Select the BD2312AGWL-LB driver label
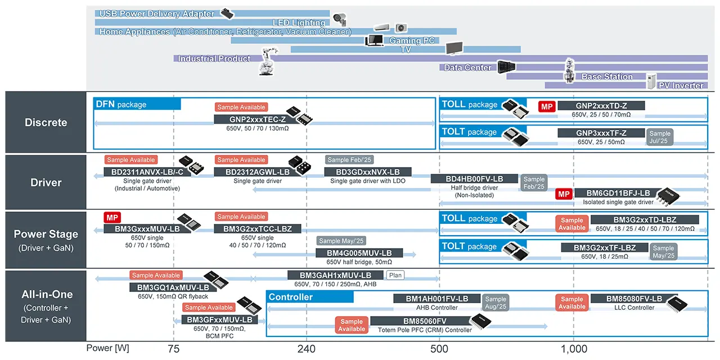coord(257,172)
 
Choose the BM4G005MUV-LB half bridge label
coord(361,253)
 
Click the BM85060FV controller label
coord(413,321)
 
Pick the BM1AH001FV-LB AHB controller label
coord(436,299)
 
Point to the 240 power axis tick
coord(307,349)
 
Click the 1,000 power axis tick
coord(573,349)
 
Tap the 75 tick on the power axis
coord(174,349)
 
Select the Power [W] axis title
coord(107,348)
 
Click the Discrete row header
coord(46,123)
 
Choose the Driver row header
coord(46,182)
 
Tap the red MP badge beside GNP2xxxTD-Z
coord(547,106)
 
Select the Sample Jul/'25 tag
coord(660,137)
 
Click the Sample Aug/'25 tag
coord(496,303)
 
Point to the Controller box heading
coord(290,297)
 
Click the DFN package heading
coord(121,104)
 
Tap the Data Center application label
coord(467,67)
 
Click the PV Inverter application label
coord(681,85)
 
